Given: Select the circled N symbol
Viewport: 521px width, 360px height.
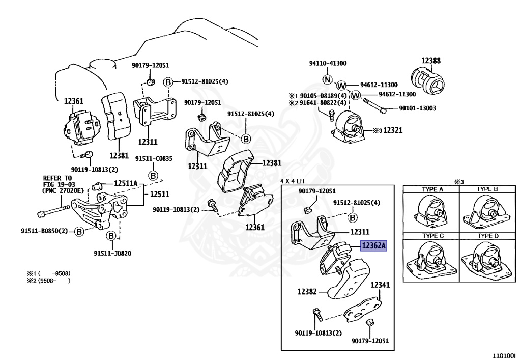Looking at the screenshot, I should tap(328, 80).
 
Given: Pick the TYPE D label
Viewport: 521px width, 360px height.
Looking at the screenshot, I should tap(487, 236).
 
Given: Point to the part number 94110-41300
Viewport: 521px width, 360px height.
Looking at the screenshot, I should tap(328, 63).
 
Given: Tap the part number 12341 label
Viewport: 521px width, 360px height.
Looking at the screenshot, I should tap(380, 285).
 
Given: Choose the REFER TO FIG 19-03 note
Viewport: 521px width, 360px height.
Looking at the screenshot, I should tap(59, 184).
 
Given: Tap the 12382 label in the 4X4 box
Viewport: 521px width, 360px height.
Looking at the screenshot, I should tap(307, 292).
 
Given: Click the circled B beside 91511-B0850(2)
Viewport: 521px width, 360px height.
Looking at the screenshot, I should tap(79, 232).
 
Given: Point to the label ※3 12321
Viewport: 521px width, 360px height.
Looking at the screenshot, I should tap(388, 131).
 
